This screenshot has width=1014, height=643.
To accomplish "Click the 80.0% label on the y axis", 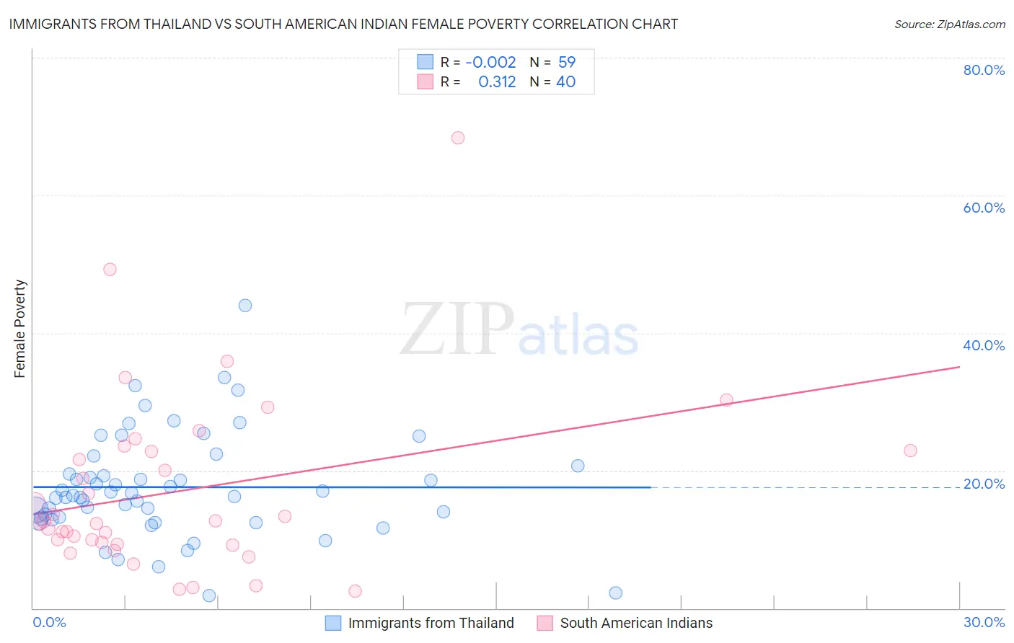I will click(984, 70).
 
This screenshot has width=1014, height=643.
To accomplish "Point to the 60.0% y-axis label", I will click(984, 208).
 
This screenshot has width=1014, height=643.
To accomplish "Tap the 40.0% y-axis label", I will click(984, 345).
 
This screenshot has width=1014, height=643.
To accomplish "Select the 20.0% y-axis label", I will click(984, 484).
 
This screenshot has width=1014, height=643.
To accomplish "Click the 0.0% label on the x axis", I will click(49, 622).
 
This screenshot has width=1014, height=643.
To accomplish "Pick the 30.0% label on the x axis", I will click(984, 622).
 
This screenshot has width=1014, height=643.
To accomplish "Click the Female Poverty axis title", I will click(20, 329).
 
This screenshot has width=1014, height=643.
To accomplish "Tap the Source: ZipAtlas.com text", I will click(949, 24).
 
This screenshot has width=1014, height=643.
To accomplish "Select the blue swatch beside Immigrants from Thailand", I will click(332, 623).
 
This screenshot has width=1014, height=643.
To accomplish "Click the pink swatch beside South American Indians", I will click(545, 623).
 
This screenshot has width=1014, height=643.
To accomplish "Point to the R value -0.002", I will click(490, 63).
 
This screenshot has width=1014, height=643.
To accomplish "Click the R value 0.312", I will click(497, 82).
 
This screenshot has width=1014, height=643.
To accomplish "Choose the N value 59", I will click(567, 63).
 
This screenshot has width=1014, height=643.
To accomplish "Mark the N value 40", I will click(565, 82).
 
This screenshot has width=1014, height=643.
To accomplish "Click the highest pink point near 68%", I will click(458, 138).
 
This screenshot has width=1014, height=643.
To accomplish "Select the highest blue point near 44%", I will click(245, 306).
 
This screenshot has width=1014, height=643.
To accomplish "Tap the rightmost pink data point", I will click(910, 451).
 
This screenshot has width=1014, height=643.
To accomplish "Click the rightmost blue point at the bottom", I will click(615, 593).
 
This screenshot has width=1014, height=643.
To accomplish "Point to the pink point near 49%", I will click(110, 270).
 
